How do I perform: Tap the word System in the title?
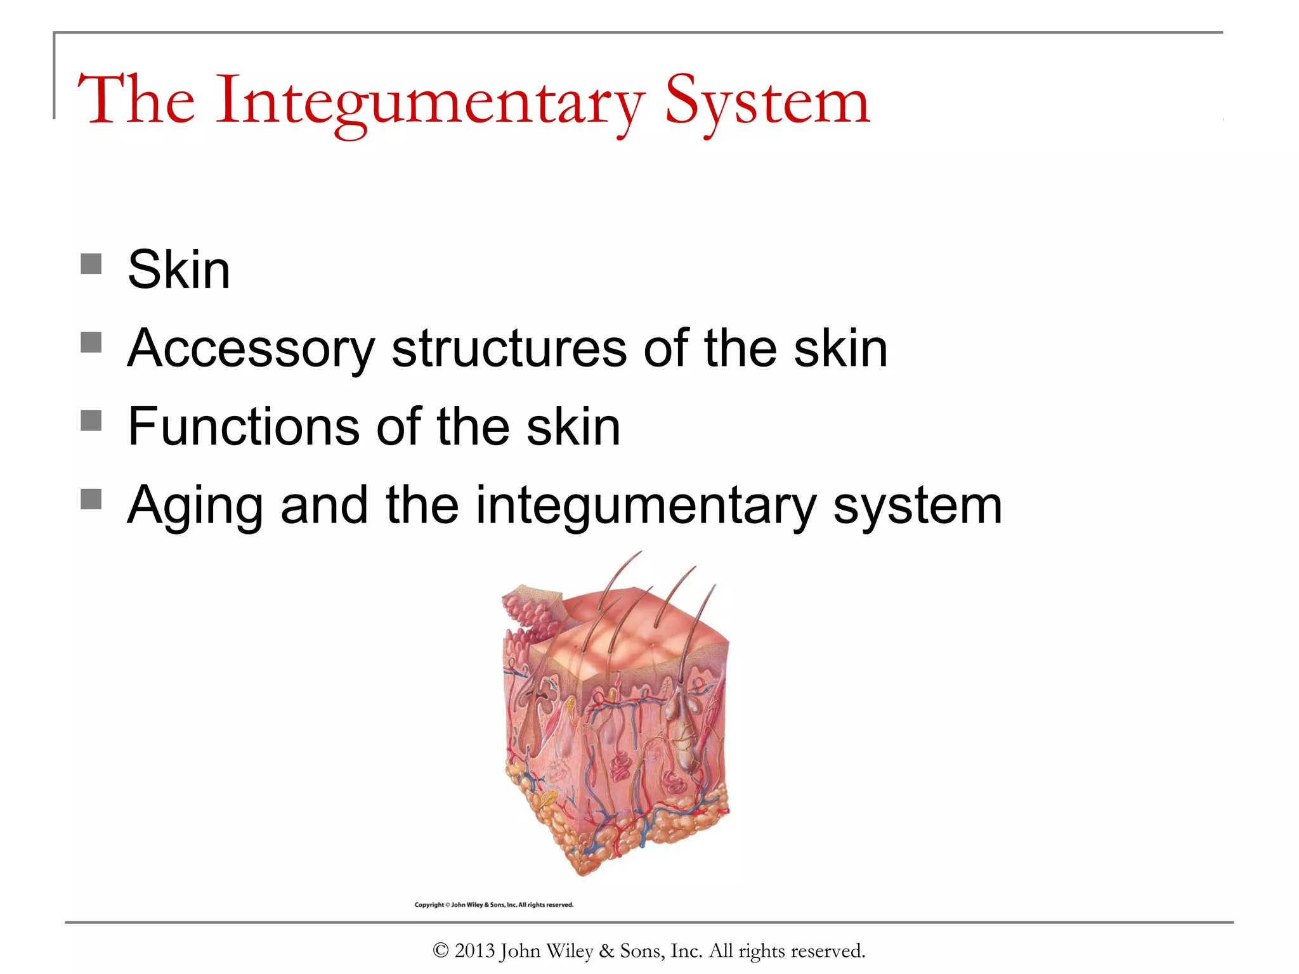click(767, 101)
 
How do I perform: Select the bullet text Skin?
click(179, 269)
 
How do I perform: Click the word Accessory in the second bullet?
click(251, 349)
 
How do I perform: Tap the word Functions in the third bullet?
click(244, 427)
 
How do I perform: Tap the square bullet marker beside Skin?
click(91, 264)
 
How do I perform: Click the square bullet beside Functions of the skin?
click(91, 420)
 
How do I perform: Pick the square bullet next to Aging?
click(91, 499)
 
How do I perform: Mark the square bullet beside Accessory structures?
click(91, 342)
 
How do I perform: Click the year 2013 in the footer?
click(474, 951)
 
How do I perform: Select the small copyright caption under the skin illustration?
click(493, 905)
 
